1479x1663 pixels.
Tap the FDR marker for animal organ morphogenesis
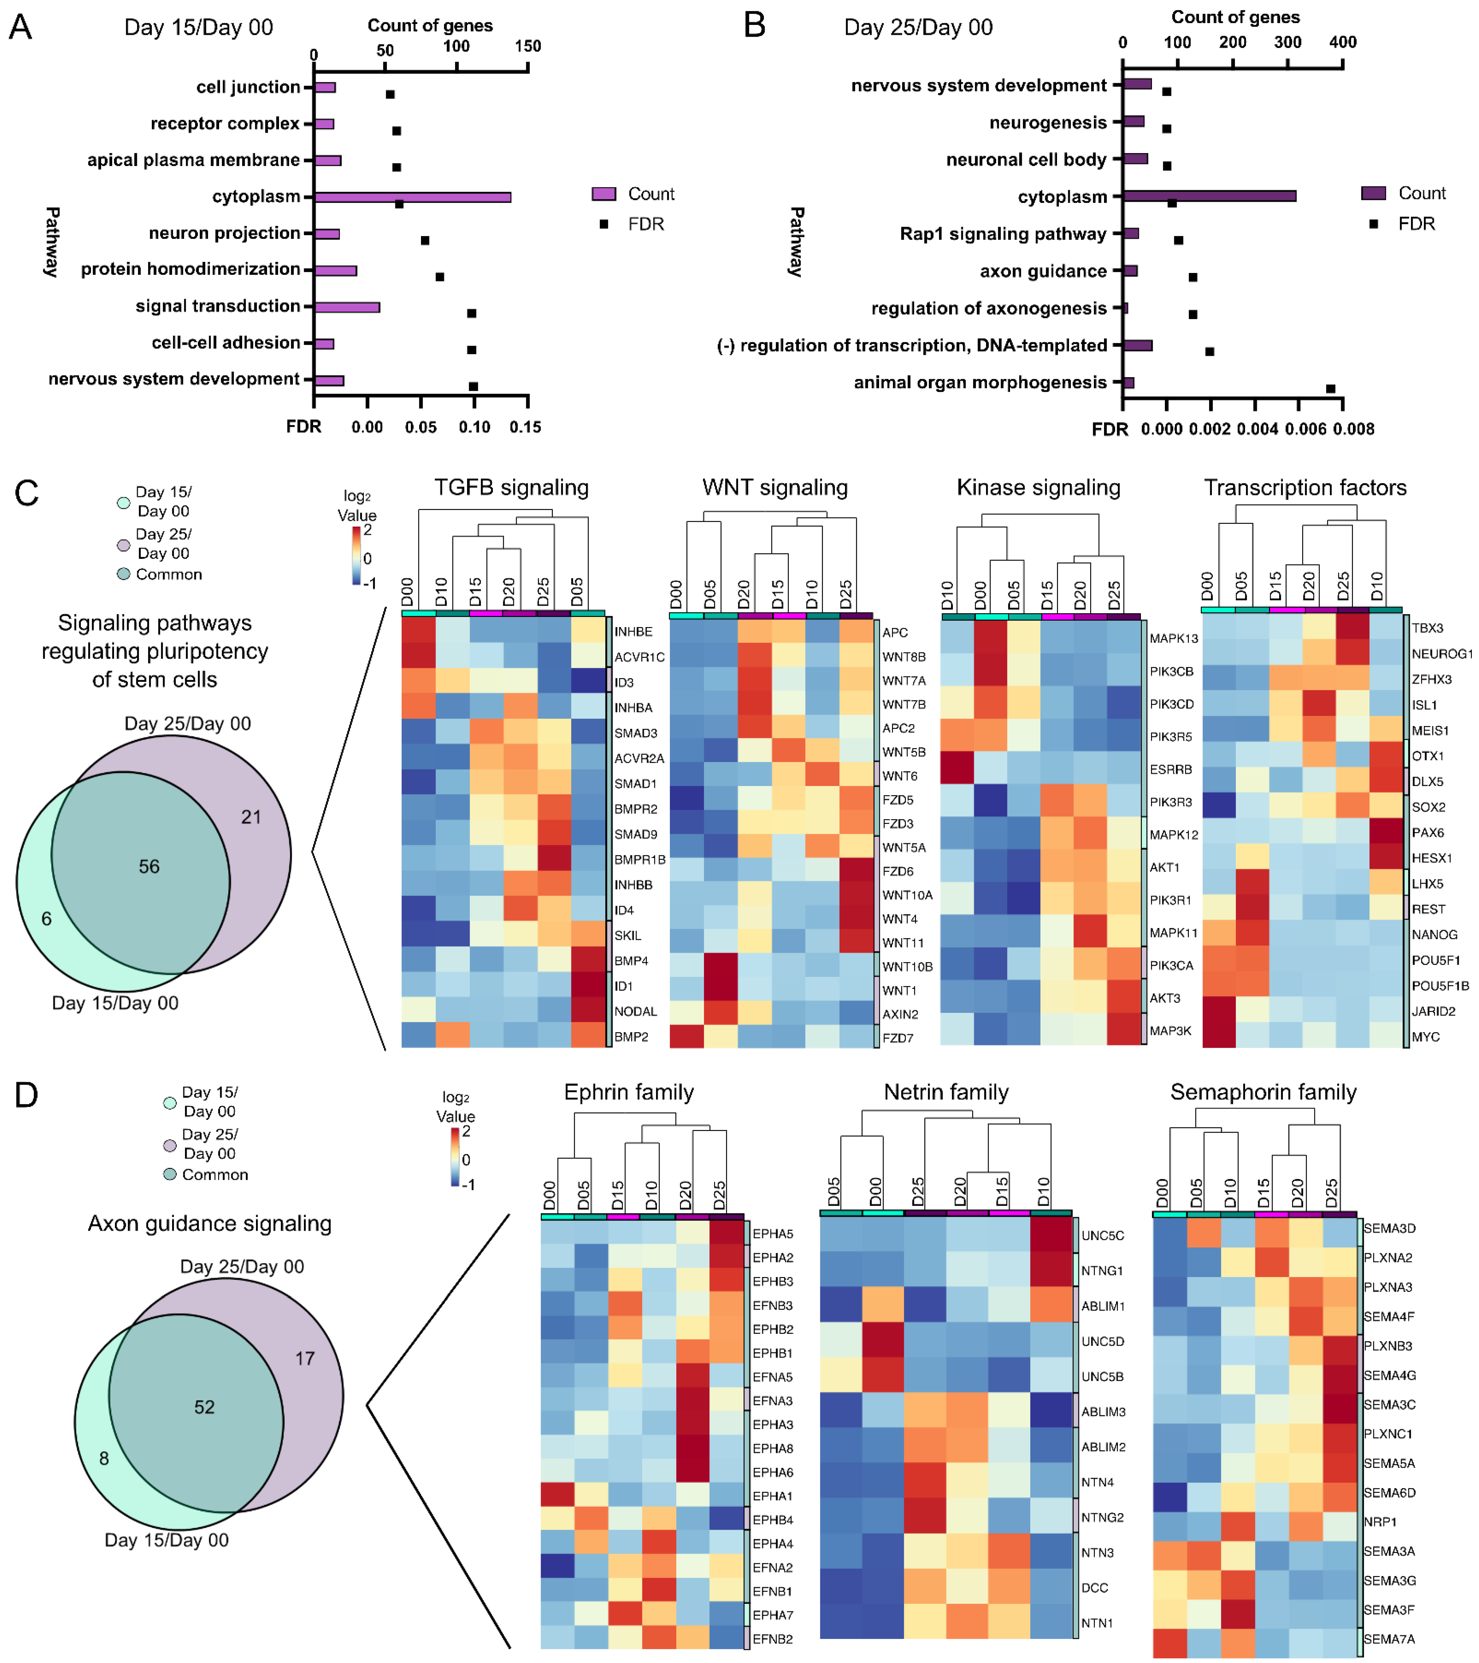point(1330,389)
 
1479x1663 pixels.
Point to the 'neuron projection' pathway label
point(225,233)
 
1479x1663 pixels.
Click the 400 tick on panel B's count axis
point(1342,42)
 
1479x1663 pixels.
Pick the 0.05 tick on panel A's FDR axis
point(421,427)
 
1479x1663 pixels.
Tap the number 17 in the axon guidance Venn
point(304,1358)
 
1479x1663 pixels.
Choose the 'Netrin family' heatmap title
point(946,1092)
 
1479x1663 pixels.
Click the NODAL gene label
point(635,1011)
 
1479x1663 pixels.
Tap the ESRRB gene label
point(1171,770)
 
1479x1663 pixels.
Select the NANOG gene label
point(1434,935)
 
